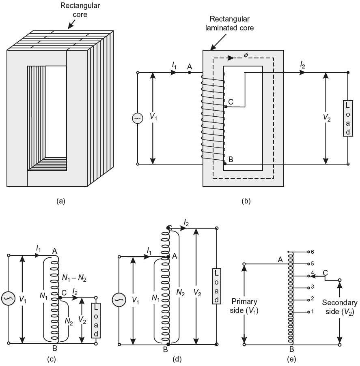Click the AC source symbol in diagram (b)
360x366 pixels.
(x=138, y=118)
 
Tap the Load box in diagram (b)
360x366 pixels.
(x=348, y=118)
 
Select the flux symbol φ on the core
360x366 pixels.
(x=246, y=55)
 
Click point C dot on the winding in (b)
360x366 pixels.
(x=226, y=107)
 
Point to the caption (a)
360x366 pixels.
(x=61, y=201)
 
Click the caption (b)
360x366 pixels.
(x=246, y=201)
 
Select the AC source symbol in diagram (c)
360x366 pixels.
(x=8, y=299)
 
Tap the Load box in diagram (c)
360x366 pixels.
(x=96, y=321)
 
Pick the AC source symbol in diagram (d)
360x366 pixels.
(x=119, y=300)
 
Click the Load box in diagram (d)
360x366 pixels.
(x=217, y=286)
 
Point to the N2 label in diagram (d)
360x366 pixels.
(x=181, y=292)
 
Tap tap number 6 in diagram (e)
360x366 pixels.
(x=313, y=252)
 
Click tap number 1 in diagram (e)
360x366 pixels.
(x=313, y=311)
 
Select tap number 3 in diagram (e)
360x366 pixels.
(x=313, y=287)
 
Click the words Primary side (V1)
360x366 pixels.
(x=244, y=306)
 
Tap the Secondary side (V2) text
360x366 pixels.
(x=340, y=307)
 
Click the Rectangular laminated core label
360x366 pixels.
(x=230, y=24)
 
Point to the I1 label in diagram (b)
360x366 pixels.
(x=175, y=66)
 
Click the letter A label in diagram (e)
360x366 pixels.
(x=280, y=259)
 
